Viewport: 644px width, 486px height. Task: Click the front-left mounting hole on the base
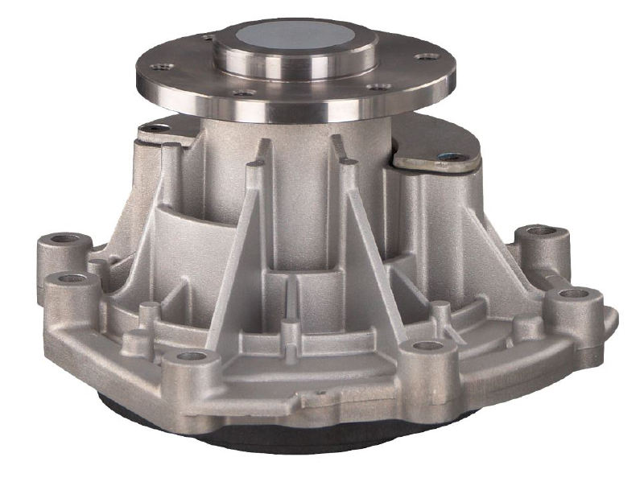tap(191, 356)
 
